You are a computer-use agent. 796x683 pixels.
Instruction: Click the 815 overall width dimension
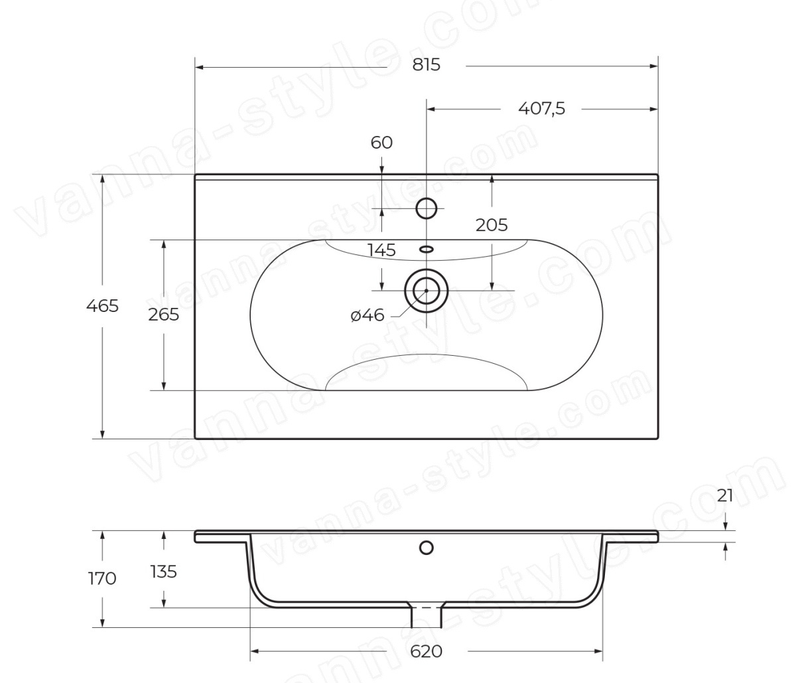coord(426,65)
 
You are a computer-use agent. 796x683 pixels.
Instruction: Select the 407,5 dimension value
coord(541,109)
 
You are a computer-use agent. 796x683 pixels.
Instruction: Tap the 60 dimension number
coord(381,143)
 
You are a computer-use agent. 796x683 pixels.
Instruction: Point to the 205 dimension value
coord(492,225)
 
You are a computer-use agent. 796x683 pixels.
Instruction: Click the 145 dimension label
coord(381,250)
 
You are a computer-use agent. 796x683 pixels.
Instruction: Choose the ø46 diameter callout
coord(367,316)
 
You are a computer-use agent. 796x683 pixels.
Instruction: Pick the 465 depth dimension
coord(102,306)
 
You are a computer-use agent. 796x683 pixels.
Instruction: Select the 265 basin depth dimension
coord(164,315)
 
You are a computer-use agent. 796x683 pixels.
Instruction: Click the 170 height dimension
coord(102,579)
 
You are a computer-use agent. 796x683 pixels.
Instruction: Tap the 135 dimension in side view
coord(164,571)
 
